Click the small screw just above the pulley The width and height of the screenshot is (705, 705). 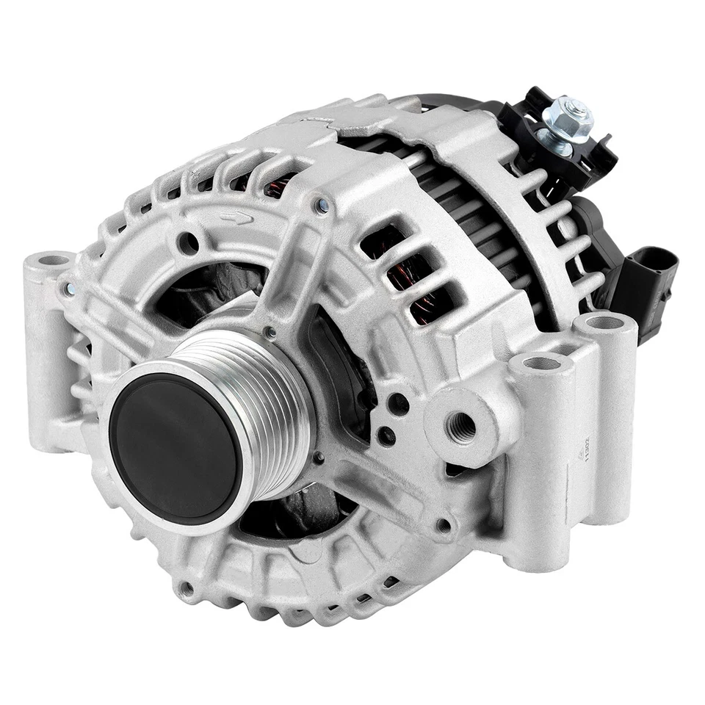click(271, 333)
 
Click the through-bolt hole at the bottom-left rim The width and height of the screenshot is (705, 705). click(187, 587)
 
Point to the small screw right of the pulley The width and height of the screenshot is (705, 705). click(319, 457)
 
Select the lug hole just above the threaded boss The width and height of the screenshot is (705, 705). click(539, 363)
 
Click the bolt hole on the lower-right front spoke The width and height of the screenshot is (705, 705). click(444, 525)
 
